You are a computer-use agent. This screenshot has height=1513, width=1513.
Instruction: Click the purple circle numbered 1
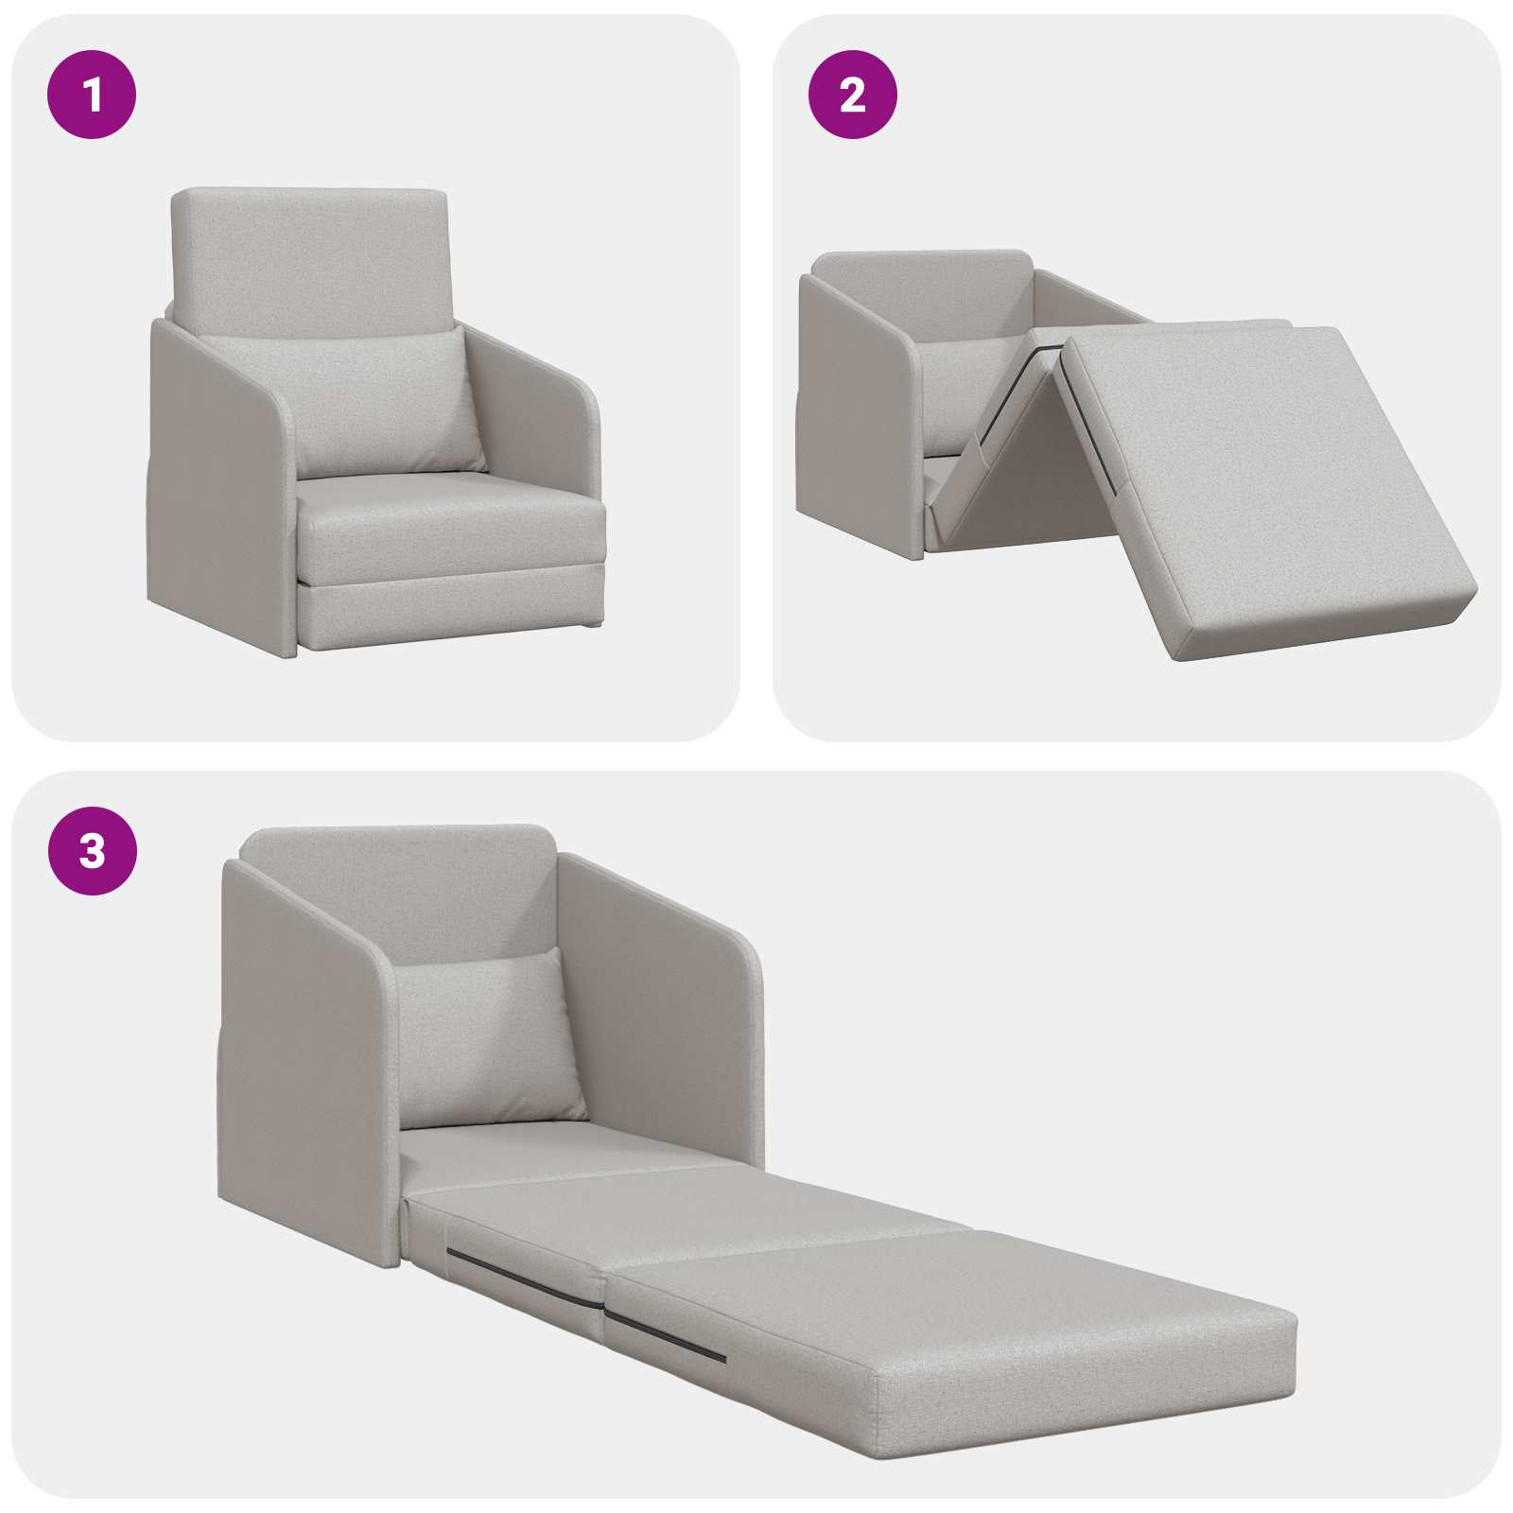[92, 95]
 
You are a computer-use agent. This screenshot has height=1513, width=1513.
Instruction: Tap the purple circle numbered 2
[852, 95]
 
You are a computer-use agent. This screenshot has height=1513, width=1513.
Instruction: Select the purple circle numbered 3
[92, 851]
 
